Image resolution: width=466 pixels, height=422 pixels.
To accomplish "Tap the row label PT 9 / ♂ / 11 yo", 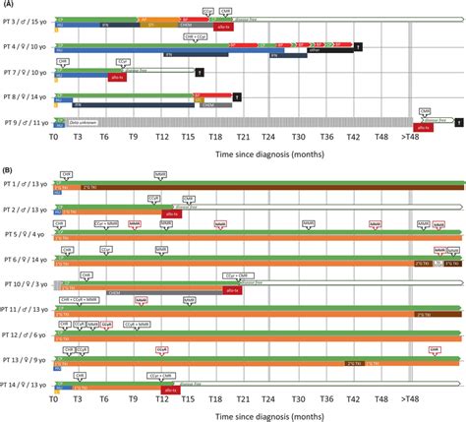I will coord(25,122).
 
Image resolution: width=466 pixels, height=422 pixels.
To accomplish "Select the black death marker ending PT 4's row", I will coord(359,46).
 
